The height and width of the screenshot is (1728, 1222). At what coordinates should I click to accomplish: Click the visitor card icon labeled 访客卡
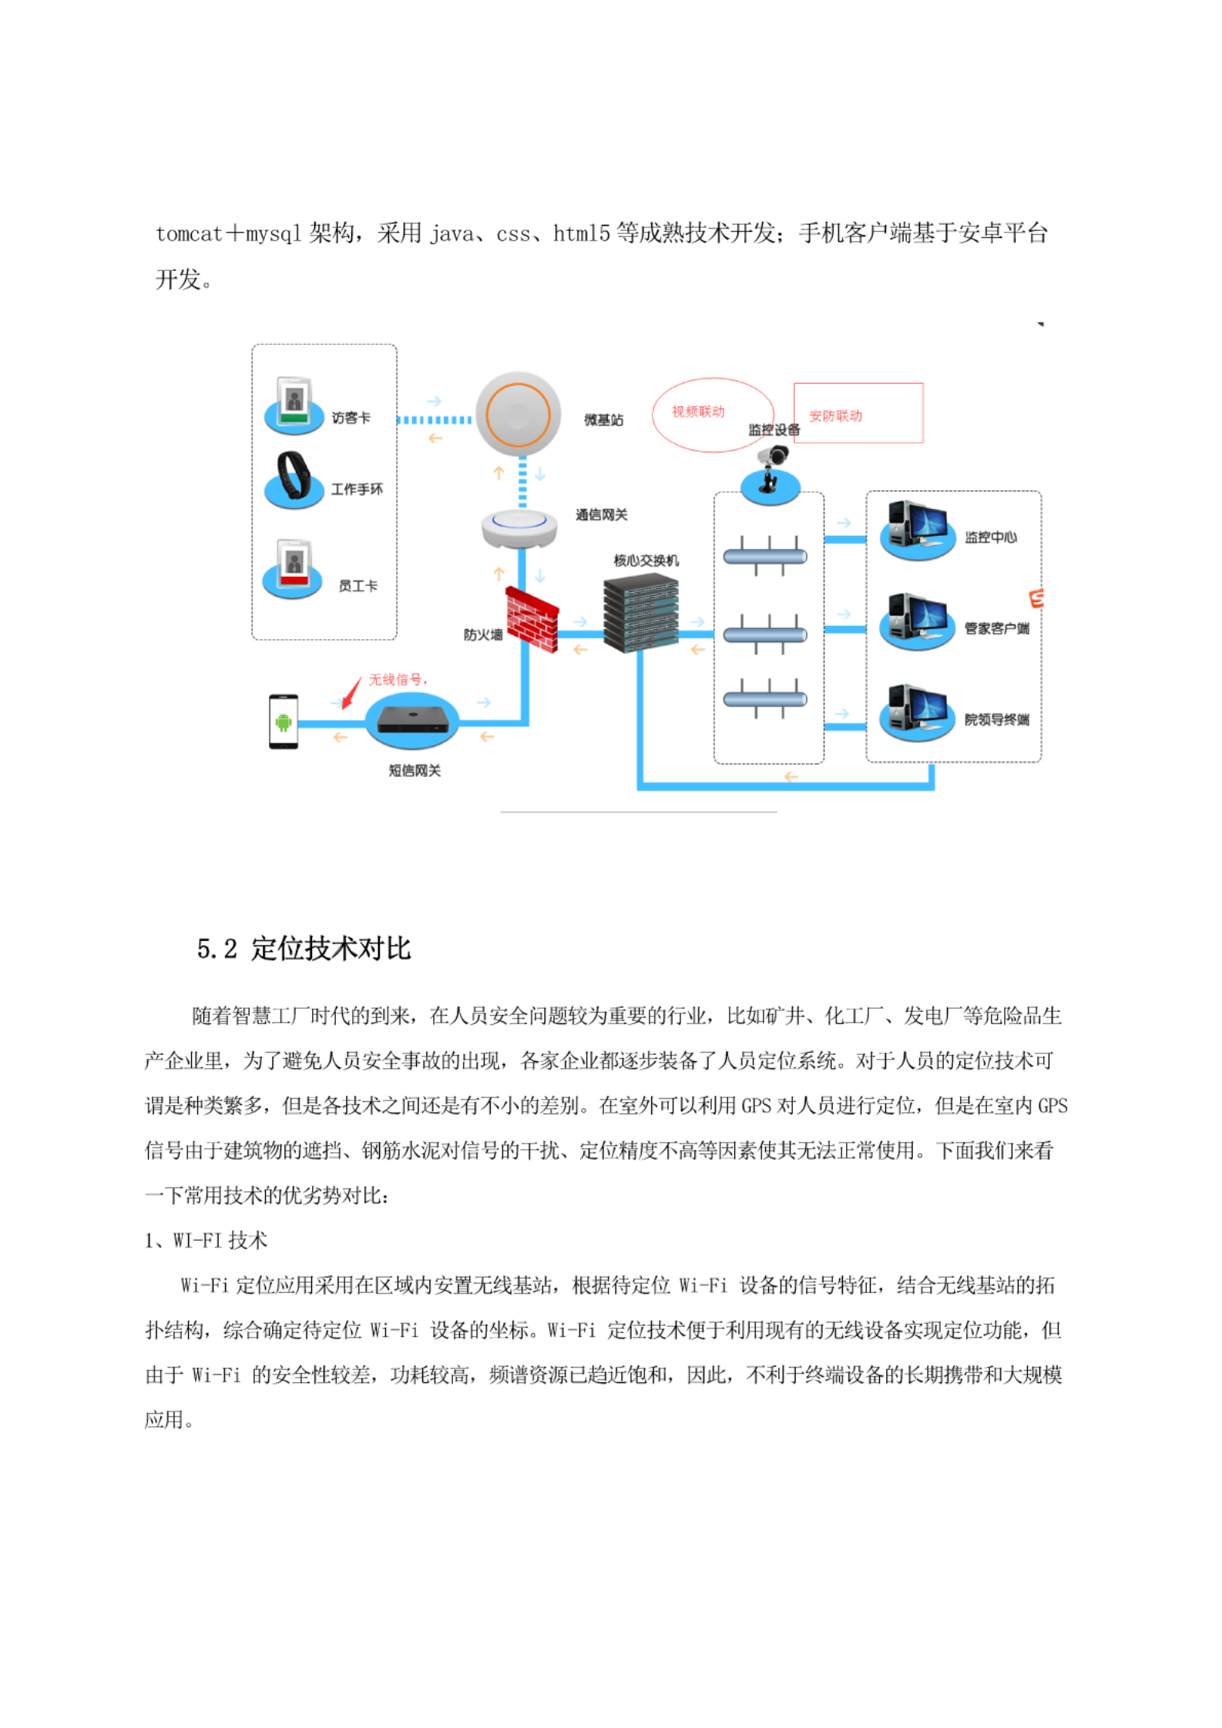tap(294, 404)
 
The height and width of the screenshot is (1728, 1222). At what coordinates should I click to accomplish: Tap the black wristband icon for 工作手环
tap(294, 478)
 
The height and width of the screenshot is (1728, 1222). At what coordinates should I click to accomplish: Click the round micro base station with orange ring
tap(517, 415)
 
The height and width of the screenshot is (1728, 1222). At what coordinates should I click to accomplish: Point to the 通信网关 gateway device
tap(519, 527)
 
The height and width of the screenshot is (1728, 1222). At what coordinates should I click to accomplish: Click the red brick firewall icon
tap(532, 618)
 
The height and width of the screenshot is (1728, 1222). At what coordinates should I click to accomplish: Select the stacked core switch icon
tap(640, 614)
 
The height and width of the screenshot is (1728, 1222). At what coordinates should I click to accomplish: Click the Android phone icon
tap(283, 722)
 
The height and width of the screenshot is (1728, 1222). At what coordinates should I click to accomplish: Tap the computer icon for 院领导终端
tap(917, 712)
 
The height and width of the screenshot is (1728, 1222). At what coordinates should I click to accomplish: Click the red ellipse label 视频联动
tap(698, 412)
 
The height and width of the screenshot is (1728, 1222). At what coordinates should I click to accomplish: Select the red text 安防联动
tap(835, 416)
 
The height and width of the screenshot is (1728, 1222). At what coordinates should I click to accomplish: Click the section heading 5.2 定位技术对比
tap(304, 948)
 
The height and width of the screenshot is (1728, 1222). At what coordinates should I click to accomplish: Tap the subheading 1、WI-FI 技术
tap(206, 1240)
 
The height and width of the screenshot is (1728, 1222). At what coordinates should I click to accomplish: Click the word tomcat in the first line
tap(189, 233)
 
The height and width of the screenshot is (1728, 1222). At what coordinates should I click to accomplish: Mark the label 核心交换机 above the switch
tap(646, 561)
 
